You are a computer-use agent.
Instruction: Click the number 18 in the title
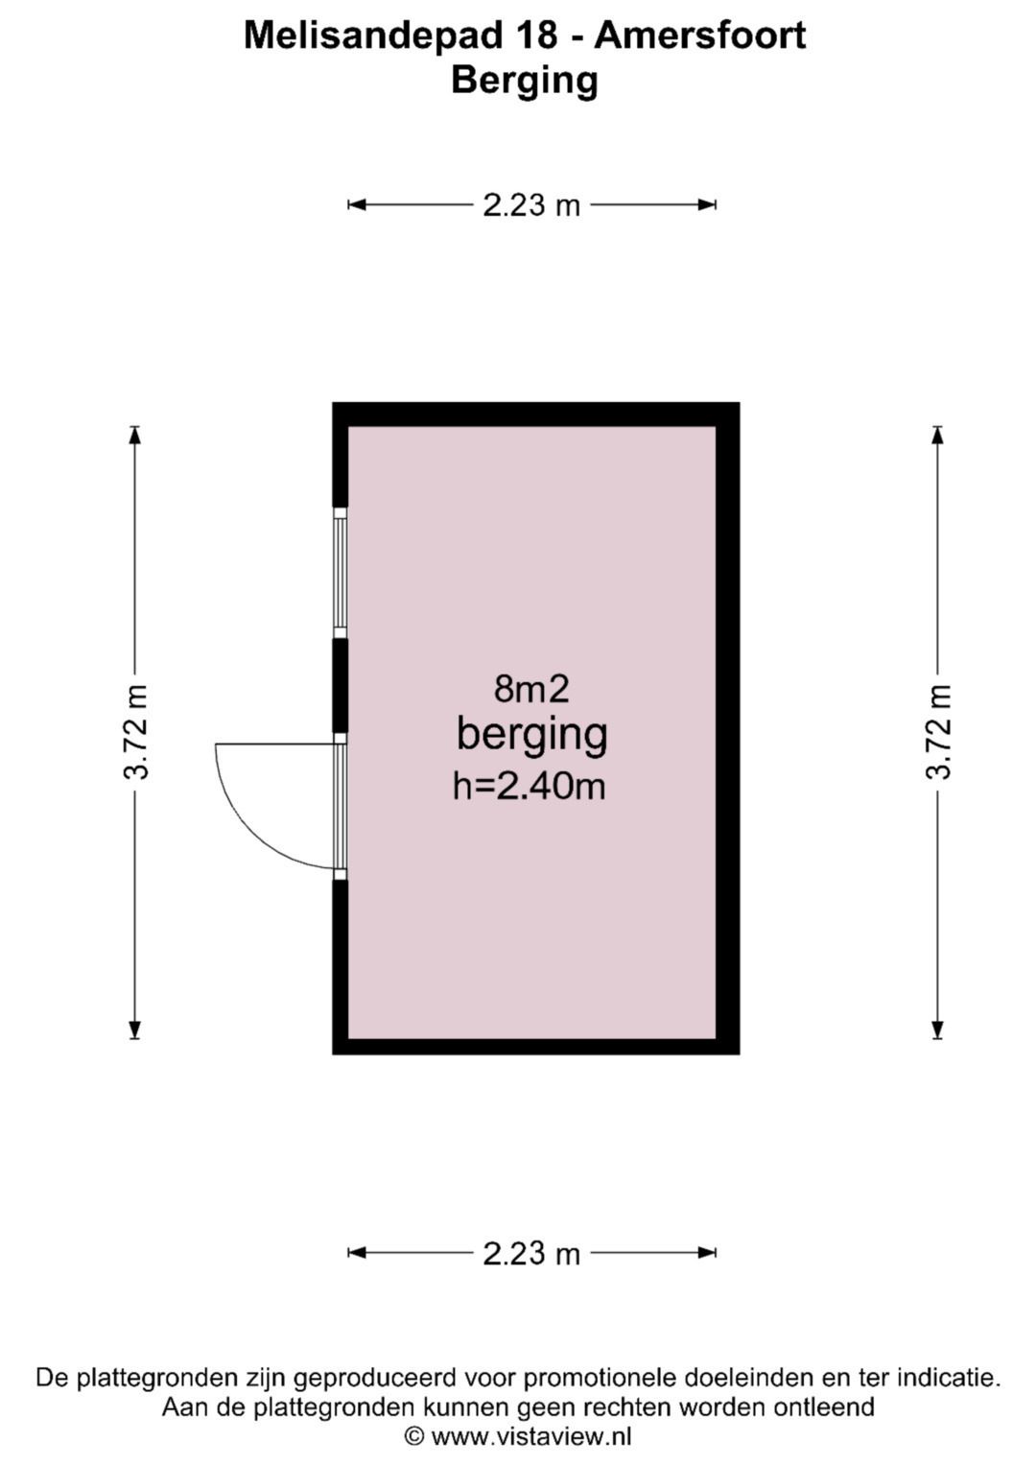535,36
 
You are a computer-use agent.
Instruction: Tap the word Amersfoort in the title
700,36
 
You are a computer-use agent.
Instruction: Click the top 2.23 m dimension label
531,205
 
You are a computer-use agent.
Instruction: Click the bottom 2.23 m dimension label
531,1253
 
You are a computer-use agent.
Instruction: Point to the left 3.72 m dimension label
136,732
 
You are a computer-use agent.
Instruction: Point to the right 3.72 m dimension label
938,732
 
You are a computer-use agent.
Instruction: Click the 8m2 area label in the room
531,690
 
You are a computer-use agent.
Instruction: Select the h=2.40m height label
530,786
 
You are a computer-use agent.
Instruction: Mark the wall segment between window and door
340,685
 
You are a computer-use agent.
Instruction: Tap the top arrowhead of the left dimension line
134,435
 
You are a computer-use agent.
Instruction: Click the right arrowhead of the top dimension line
708,205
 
